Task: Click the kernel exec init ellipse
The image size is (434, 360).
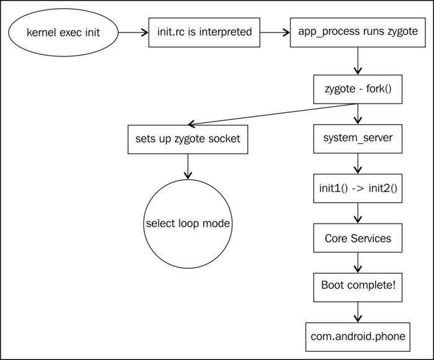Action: tap(63, 32)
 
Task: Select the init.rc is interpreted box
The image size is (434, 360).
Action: tap(204, 32)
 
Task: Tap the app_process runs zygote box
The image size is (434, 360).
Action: tap(358, 32)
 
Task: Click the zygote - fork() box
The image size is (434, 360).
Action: tap(358, 89)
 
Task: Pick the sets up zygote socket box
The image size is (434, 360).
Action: tap(188, 139)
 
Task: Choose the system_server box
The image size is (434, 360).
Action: tap(358, 138)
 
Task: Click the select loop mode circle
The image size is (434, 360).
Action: tap(188, 223)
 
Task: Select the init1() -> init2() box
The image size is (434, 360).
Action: tap(358, 188)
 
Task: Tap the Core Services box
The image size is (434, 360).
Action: tap(358, 238)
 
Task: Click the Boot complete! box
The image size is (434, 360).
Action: tap(358, 287)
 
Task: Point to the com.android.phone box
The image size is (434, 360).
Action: tap(358, 337)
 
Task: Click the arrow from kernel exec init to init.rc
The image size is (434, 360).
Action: tap(133, 32)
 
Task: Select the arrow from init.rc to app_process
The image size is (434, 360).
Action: tap(275, 32)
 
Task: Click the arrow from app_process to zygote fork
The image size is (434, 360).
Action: tap(358, 61)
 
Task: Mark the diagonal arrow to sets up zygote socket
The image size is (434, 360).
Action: tap(272, 114)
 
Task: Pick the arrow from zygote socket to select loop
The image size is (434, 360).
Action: tap(188, 166)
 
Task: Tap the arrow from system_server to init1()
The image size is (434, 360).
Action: tap(358, 163)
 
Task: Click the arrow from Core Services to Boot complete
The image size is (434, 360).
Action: tap(358, 263)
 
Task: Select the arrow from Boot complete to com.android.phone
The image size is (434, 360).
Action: tap(358, 312)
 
